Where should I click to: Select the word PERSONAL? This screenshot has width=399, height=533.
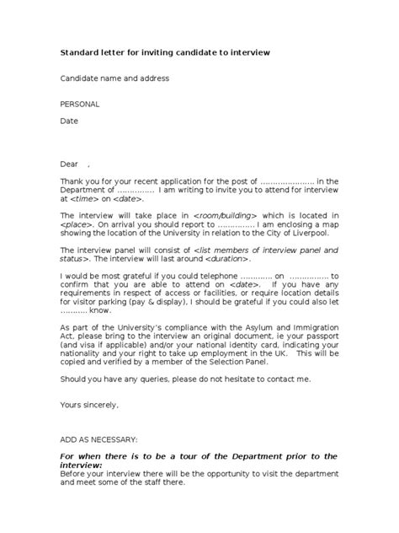(80, 104)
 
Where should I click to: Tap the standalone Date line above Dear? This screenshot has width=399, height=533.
(68, 121)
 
